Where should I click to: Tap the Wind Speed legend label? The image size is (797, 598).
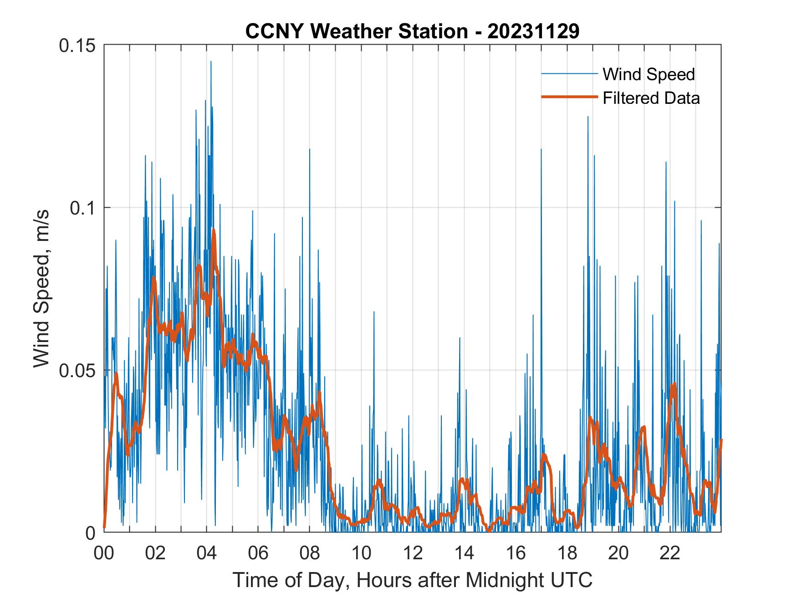[x=649, y=74]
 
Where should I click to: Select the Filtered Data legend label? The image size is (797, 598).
[x=651, y=98]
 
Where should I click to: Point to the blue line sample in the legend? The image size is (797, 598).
[x=569, y=74]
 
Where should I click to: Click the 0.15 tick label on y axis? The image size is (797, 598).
[x=79, y=46]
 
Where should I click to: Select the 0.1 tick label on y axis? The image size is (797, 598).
[x=84, y=208]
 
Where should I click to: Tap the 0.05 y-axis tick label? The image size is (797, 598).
[x=79, y=370]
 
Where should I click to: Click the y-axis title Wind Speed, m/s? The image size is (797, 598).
[x=42, y=288]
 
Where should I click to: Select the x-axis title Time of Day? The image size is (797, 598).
[x=412, y=580]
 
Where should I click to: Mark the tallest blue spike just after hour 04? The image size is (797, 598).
[x=211, y=61]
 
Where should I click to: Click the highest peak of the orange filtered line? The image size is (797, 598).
[x=213, y=230]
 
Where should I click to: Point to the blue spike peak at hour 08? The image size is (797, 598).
[x=310, y=149]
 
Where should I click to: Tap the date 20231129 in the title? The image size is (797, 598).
[x=533, y=31]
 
